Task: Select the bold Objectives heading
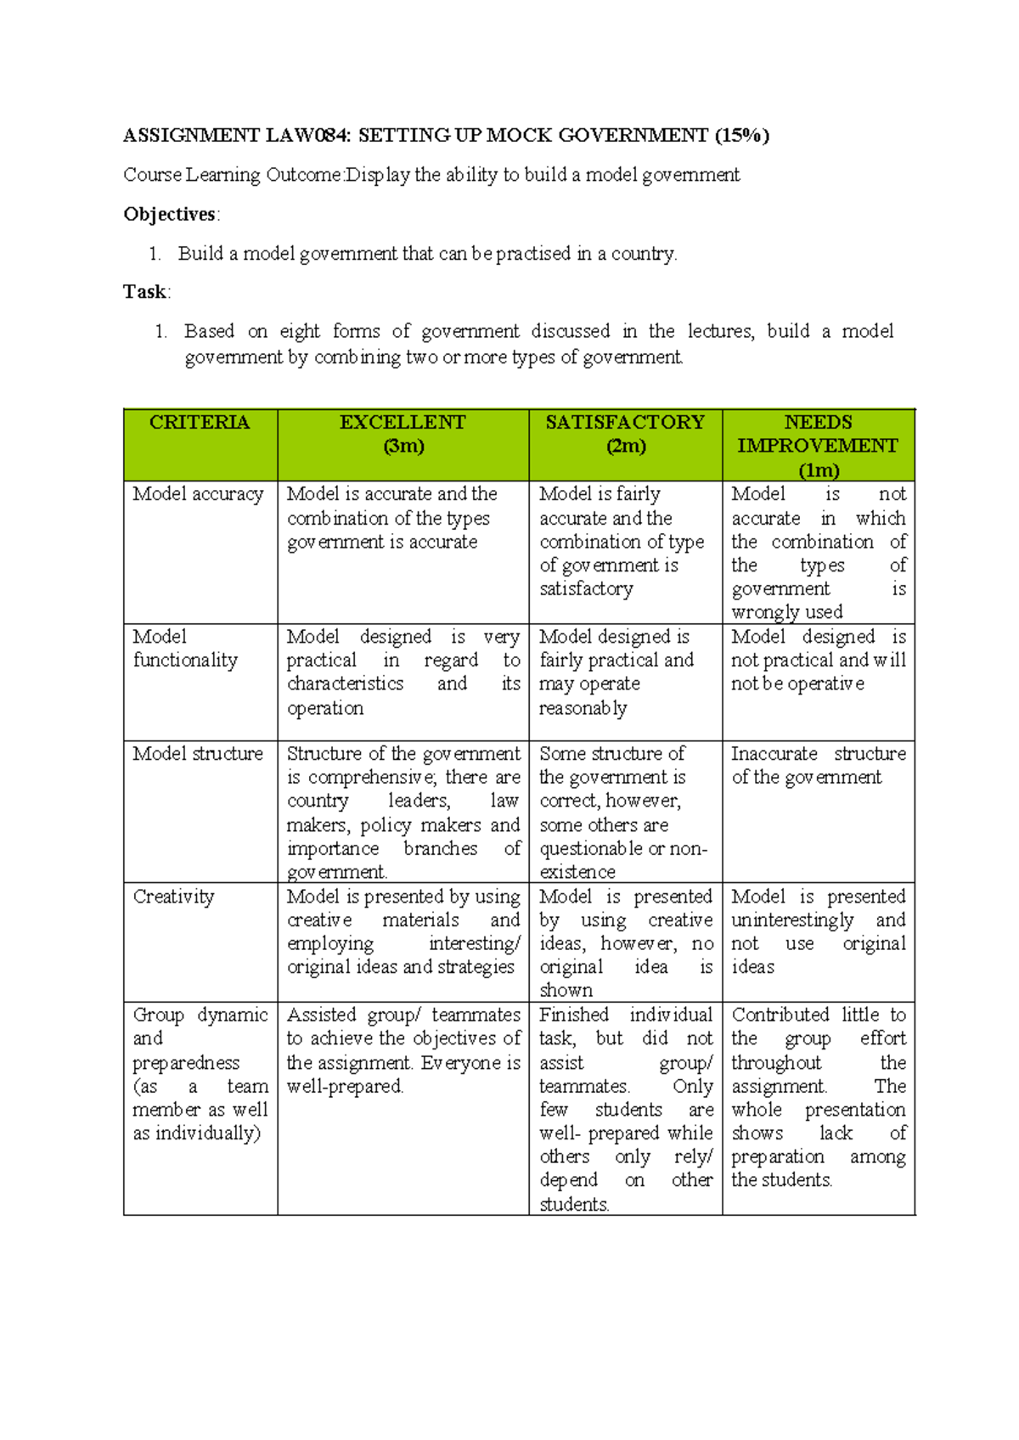pyautogui.click(x=169, y=214)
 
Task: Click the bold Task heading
pyautogui.click(x=144, y=292)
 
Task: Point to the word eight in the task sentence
pyautogui.click(x=300, y=331)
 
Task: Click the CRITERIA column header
pyautogui.click(x=200, y=423)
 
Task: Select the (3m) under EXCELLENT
pyautogui.click(x=403, y=447)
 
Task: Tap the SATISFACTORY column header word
pyautogui.click(x=625, y=423)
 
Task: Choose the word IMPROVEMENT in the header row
pyautogui.click(x=817, y=447)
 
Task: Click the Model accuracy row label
pyautogui.click(x=198, y=494)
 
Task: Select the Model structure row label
pyautogui.click(x=198, y=754)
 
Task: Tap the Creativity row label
pyautogui.click(x=173, y=897)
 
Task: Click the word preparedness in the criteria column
pyautogui.click(x=186, y=1063)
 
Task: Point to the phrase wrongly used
pyautogui.click(x=786, y=612)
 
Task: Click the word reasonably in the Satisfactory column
pyautogui.click(x=583, y=708)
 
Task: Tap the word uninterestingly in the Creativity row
pyautogui.click(x=792, y=920)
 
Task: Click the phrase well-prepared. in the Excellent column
pyautogui.click(x=345, y=1087)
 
